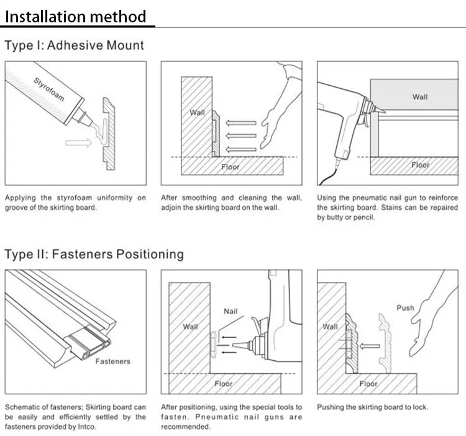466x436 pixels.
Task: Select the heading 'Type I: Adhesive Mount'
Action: (74, 45)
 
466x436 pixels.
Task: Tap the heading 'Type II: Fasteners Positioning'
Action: (94, 254)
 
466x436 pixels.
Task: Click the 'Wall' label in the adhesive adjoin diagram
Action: (197, 112)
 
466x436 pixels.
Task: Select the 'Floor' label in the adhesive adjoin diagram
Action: (231, 166)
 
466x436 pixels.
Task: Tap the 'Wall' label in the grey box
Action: (420, 97)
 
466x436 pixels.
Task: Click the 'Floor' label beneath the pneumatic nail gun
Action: (420, 165)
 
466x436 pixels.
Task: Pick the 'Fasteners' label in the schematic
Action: (113, 361)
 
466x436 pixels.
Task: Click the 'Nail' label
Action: (231, 311)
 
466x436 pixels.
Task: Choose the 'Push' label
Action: (405, 307)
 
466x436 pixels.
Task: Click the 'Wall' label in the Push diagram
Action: (330, 327)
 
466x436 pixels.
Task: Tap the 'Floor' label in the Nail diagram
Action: (224, 384)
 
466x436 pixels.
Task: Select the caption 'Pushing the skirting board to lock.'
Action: (373, 407)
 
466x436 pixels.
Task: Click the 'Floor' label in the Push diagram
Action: (368, 384)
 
